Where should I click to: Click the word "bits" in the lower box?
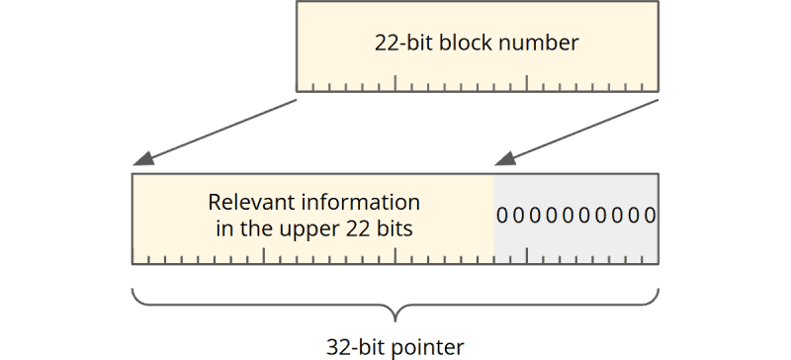[x=395, y=228]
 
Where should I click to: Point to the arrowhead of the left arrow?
[x=141, y=160]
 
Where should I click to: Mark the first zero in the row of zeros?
[x=500, y=216]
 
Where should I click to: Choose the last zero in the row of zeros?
[x=650, y=216]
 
